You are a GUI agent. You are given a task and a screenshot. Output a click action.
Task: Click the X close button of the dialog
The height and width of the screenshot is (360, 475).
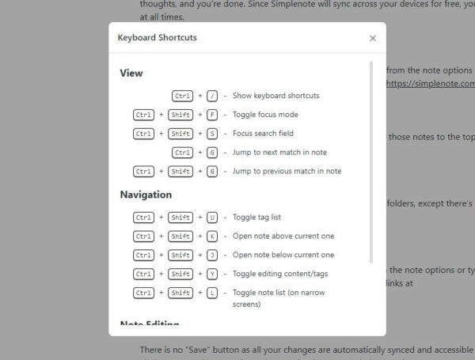coord(373,38)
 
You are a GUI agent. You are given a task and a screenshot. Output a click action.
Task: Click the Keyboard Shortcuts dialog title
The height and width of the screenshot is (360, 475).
coord(158,37)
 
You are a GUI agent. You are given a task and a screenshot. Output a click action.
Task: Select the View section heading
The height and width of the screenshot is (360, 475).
coord(131,74)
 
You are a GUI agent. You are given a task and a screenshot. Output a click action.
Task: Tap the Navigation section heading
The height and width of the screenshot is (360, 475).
coord(146,195)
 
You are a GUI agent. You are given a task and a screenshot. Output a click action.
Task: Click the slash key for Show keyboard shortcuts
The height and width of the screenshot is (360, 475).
coord(212,96)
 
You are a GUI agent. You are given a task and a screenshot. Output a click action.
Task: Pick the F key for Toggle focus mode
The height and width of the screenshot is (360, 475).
coord(212,115)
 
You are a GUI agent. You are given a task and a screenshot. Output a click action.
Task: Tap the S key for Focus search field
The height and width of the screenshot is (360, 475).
coord(212,134)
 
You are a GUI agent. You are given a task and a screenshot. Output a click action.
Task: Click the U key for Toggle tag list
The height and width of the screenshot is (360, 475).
coord(212,217)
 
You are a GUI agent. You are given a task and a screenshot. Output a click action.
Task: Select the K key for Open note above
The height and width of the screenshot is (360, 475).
coord(212,236)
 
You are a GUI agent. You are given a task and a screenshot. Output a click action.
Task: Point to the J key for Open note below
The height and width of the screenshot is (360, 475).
coord(212,255)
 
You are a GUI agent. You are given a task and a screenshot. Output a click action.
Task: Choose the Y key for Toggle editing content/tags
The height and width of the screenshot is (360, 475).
coord(212,274)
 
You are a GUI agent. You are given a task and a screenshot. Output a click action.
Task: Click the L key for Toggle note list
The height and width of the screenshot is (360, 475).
coord(212,293)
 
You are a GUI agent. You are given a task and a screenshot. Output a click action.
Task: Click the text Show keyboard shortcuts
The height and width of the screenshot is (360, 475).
coord(275,96)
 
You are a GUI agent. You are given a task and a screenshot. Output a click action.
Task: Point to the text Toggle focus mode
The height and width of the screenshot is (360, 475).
coord(265,115)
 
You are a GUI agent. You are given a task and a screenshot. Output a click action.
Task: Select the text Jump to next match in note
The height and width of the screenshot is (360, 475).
coord(279,152)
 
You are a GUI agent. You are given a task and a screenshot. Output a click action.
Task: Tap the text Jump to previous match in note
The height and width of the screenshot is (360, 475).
coord(287,171)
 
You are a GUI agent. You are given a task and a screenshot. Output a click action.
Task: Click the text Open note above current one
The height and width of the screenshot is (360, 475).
coord(283,236)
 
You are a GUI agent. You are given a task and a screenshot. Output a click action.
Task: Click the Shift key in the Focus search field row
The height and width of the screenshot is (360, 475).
coord(180,134)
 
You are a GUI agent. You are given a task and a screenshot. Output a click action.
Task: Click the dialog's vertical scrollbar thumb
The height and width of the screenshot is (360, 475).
coord(371,162)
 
